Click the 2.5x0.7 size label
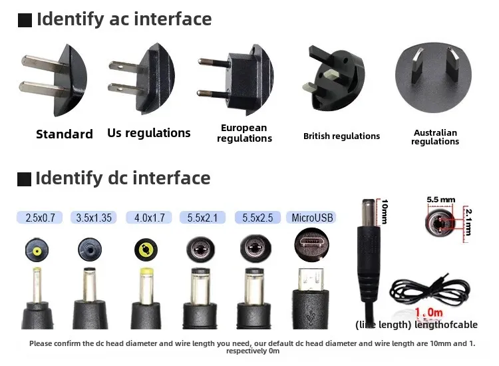coord(40,218)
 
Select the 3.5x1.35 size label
coord(94,218)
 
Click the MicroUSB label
coord(312,218)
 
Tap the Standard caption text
coord(65,134)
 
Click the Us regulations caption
coord(149,133)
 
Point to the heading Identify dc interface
coord(123,178)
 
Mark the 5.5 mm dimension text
coord(441,199)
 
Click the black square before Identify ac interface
coord(25,21)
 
